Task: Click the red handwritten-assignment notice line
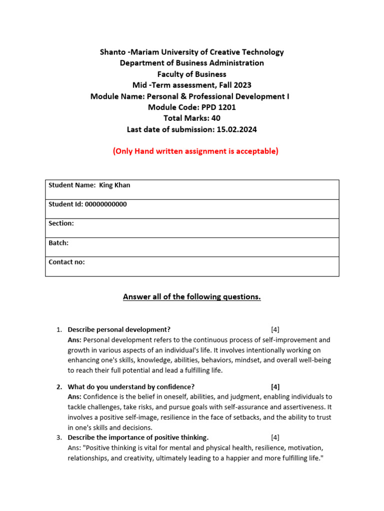click(195, 151)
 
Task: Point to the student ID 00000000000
click(105, 204)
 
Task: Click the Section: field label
click(61, 224)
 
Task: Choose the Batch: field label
click(58, 243)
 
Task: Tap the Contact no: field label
click(66, 262)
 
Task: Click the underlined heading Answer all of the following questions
click(192, 297)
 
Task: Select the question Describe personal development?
click(119, 329)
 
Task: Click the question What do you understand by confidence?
click(131, 386)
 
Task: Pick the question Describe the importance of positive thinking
click(138, 438)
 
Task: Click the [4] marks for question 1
click(275, 329)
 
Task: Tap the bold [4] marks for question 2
click(275, 386)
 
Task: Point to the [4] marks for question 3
click(275, 438)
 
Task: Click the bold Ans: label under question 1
click(74, 340)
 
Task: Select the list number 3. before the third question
click(59, 438)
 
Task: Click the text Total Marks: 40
click(192, 118)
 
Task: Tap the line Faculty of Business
click(192, 74)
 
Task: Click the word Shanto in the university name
click(113, 52)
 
